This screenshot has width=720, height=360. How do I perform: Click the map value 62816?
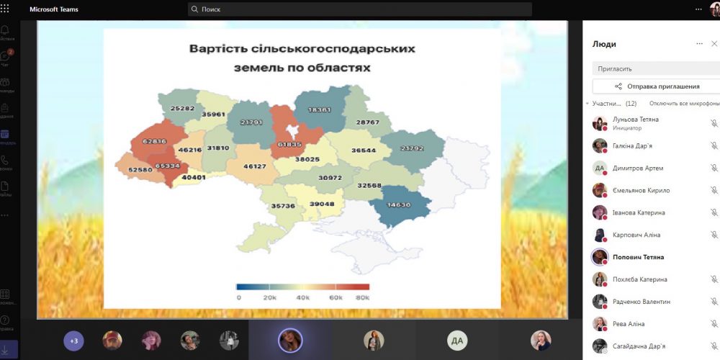click(154, 141)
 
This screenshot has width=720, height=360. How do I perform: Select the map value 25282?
click(182, 109)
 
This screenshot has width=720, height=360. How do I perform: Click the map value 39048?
click(322, 204)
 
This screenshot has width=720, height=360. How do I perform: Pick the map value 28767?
click(367, 122)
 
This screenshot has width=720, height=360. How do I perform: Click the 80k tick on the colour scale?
click(363, 297)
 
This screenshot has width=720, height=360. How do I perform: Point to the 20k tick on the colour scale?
click(270, 297)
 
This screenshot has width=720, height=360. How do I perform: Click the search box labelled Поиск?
click(360, 9)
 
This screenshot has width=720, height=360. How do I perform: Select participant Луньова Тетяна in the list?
click(635, 120)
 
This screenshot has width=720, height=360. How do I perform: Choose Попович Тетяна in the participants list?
click(638, 257)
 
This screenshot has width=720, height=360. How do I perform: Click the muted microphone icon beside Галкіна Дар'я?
click(714, 145)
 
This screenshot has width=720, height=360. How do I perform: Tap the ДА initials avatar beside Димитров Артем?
click(599, 168)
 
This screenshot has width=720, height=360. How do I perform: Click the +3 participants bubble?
click(73, 341)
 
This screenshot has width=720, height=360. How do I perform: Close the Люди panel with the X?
click(714, 44)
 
